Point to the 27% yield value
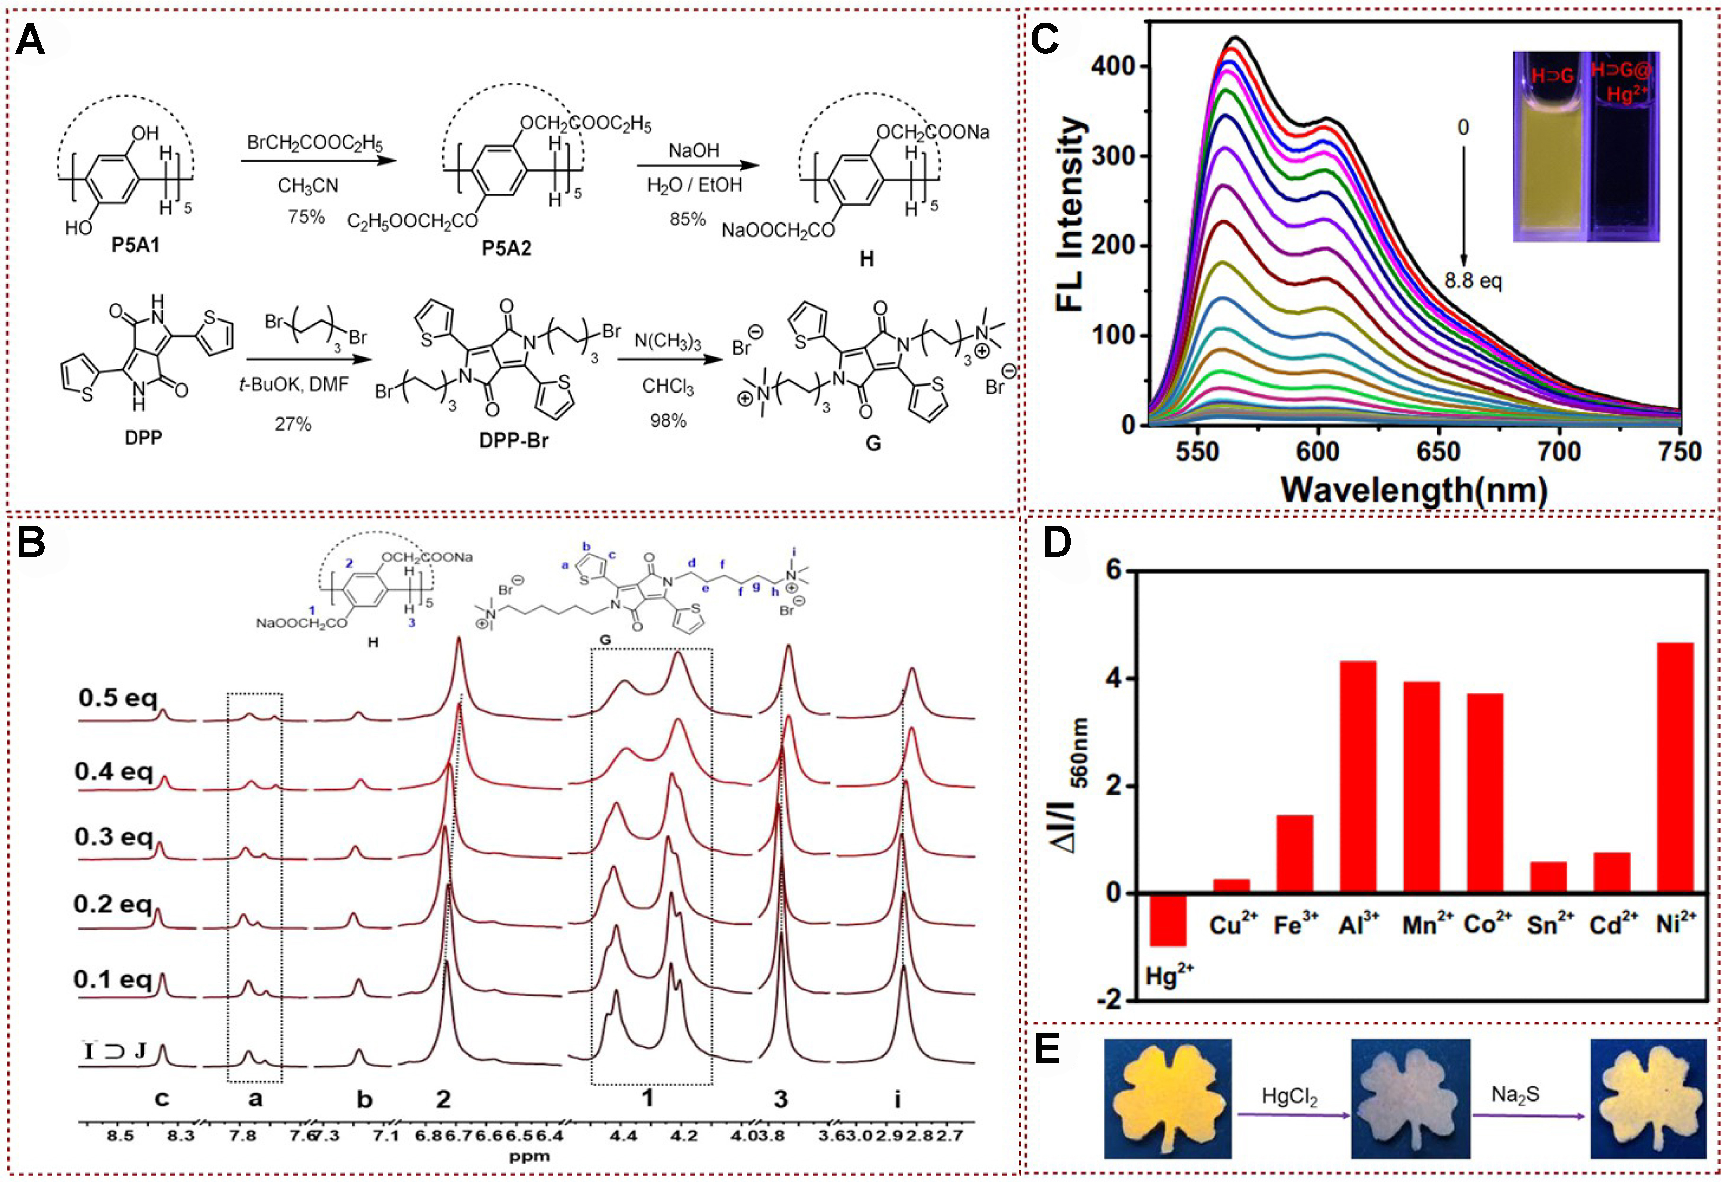(293, 424)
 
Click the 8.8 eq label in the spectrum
(1472, 281)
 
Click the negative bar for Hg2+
(1168, 919)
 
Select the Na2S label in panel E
(1515, 1094)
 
